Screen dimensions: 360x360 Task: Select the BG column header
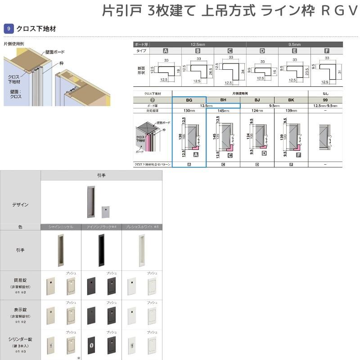tap(189, 99)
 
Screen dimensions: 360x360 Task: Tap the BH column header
tap(223, 99)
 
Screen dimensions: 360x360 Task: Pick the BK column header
tap(292, 99)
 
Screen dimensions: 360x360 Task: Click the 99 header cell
tap(326, 99)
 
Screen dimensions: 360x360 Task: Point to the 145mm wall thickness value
tap(223, 110)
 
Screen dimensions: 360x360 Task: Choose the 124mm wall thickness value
tap(257, 110)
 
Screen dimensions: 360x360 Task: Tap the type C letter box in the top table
tap(230, 51)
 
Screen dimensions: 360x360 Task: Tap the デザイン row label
tap(20, 204)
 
